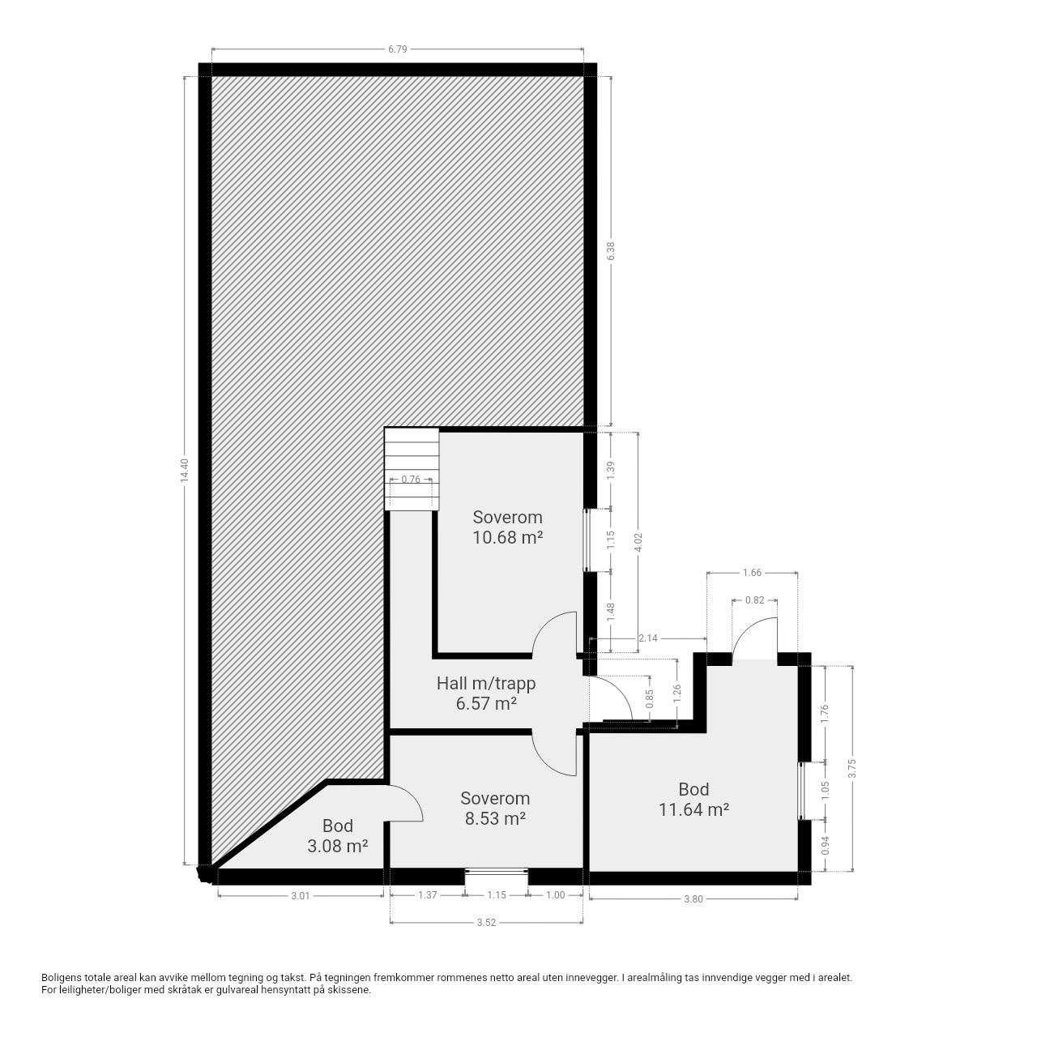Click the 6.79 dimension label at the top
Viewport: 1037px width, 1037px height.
point(398,49)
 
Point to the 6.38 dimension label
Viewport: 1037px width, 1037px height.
point(611,251)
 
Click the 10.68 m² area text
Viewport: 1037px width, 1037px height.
point(507,538)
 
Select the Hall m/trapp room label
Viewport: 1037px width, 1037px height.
point(486,684)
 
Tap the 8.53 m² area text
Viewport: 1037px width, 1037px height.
point(495,818)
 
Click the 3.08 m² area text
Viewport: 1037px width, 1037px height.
point(337,846)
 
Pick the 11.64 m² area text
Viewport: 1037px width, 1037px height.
point(693,809)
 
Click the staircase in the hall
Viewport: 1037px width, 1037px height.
point(412,469)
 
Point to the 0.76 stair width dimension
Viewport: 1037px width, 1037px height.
point(411,479)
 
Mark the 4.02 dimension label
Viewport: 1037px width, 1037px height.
point(638,542)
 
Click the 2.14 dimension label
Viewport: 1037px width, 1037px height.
point(648,638)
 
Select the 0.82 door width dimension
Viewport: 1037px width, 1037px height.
point(754,600)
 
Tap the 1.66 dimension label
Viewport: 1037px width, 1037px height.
point(752,573)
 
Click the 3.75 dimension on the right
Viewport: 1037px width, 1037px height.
point(851,769)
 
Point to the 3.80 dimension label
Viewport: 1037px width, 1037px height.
point(693,898)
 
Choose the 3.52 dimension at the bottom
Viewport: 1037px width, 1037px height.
point(486,923)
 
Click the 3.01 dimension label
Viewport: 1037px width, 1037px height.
point(301,896)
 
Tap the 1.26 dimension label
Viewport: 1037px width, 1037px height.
point(677,692)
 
